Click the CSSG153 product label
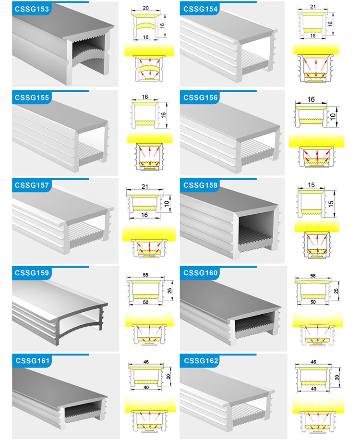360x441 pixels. click(32, 9)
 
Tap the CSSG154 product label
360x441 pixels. click(200, 9)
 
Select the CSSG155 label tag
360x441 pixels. click(32, 98)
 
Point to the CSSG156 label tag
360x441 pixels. click(200, 98)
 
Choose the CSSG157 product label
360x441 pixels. click(32, 185)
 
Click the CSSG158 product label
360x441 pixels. click(200, 185)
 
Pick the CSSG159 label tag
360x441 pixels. click(32, 273)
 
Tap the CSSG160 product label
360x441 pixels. click(200, 273)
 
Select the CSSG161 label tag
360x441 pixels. click(32, 361)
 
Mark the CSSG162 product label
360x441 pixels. click(201, 361)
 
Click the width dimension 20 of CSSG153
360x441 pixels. click(145, 8)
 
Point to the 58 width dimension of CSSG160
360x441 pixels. click(313, 276)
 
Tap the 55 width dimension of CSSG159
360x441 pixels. click(145, 275)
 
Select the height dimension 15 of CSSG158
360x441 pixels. click(331, 204)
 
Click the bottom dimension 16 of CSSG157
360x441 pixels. click(144, 215)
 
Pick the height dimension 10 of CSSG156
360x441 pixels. click(333, 117)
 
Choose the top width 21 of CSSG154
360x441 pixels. click(313, 6)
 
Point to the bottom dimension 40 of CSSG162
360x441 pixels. click(313, 389)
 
